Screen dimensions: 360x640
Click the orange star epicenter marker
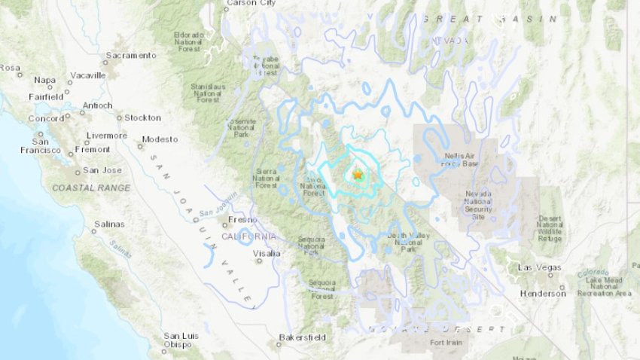click(358, 174)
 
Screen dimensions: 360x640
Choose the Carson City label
click(253, 3)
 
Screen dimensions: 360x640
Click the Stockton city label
click(142, 117)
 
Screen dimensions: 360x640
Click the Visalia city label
click(267, 254)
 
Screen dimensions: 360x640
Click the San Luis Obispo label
click(177, 340)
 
